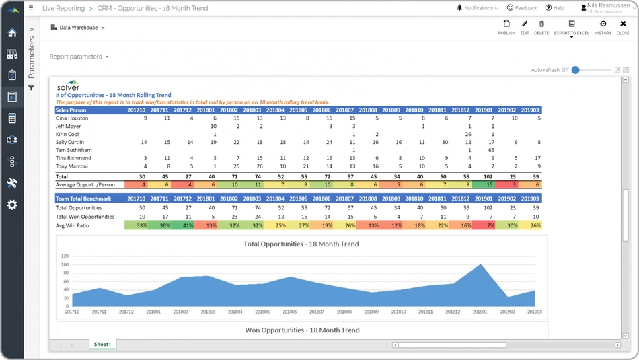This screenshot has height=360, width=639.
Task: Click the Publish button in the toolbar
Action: pyautogui.click(x=506, y=27)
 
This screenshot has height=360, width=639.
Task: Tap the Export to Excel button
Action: pyautogui.click(x=571, y=27)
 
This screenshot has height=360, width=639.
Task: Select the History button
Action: pyautogui.click(x=603, y=27)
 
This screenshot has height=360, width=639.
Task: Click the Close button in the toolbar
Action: pyautogui.click(x=623, y=27)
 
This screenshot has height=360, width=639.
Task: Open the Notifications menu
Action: pyautogui.click(x=478, y=8)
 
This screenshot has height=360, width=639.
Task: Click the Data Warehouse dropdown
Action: pyautogui.click(x=78, y=28)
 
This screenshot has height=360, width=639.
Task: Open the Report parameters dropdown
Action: pyautogui.click(x=79, y=57)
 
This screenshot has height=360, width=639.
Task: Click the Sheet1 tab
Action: pyautogui.click(x=102, y=345)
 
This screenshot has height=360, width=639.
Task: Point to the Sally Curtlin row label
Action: pyautogui.click(x=70, y=142)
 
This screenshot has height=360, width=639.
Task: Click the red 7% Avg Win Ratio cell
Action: pyautogui.click(x=484, y=225)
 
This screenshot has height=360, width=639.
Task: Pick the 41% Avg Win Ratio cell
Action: pyautogui.click(x=184, y=225)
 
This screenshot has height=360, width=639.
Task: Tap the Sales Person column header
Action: pyautogui.click(x=71, y=110)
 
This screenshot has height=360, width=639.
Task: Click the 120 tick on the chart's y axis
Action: pyautogui.click(x=65, y=256)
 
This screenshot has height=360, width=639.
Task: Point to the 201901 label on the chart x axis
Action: pyautogui.click(x=480, y=312)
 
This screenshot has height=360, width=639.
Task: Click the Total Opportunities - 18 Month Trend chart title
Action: pyautogui.click(x=301, y=244)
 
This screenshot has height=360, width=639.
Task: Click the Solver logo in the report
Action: pyautogui.click(x=68, y=86)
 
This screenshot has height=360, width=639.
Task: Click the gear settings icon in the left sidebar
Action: pyautogui.click(x=12, y=205)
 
